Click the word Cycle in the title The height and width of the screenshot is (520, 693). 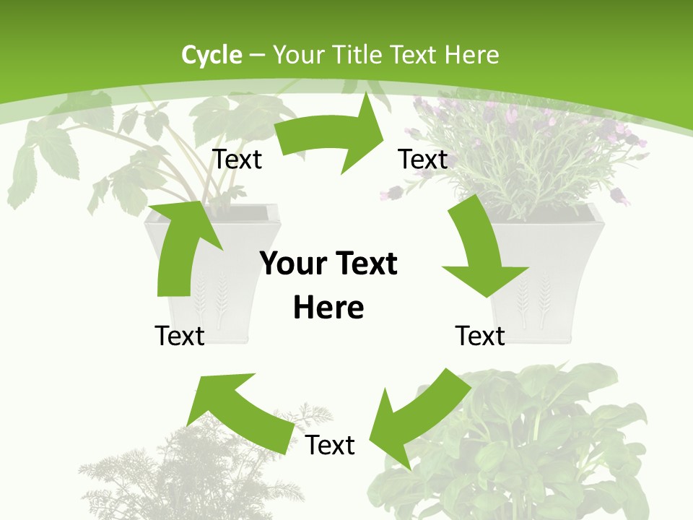(x=212, y=55)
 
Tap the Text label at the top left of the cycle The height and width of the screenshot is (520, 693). (x=237, y=160)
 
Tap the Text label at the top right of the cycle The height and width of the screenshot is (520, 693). (x=423, y=160)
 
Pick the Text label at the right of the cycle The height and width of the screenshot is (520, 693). (x=480, y=336)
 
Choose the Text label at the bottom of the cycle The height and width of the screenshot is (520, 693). (x=330, y=446)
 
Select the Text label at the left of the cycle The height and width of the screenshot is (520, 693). (x=180, y=336)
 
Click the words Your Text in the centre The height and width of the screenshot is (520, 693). (x=328, y=264)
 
